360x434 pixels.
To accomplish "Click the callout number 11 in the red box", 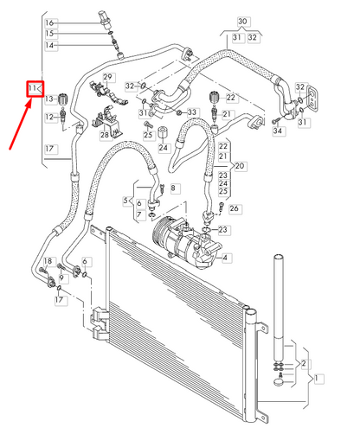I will [x=33, y=88].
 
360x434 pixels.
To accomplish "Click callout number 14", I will [x=49, y=44].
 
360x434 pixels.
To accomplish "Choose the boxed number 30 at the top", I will [x=241, y=21].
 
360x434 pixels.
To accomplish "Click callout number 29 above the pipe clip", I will [x=109, y=78].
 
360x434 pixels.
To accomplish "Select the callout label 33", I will [x=192, y=112].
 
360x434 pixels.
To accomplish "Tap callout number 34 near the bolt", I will [x=278, y=131].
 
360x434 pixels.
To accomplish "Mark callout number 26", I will [x=235, y=207].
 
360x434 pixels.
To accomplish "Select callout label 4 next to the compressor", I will [x=226, y=258].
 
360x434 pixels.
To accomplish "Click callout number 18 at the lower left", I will [x=48, y=261].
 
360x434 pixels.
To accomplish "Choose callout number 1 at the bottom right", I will [x=319, y=378].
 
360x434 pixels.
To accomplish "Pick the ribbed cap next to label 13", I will [x=64, y=99].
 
